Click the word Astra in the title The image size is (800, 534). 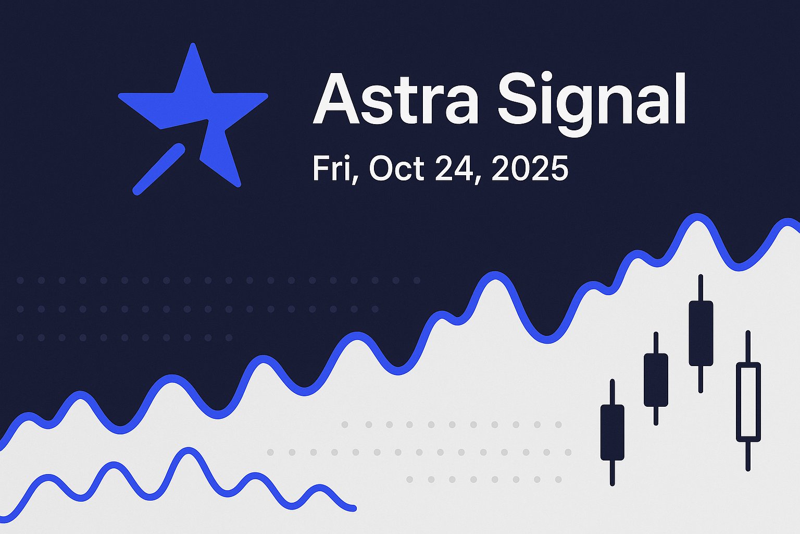point(396,99)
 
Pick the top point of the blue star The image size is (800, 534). point(193,48)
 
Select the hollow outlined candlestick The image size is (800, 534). point(748,402)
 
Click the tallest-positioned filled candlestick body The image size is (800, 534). point(701,333)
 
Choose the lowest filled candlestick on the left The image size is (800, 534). point(612,432)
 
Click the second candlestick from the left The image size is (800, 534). point(656,380)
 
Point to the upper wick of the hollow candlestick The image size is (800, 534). point(748,347)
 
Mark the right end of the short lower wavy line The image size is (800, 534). point(353,507)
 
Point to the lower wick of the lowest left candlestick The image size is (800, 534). point(612,472)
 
